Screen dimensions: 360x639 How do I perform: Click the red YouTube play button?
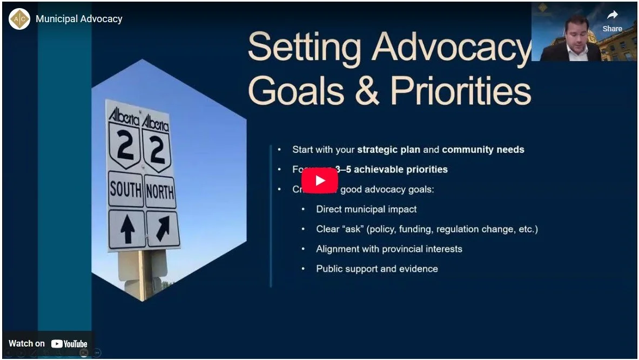[319, 181]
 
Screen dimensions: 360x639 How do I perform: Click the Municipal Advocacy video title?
[79, 19]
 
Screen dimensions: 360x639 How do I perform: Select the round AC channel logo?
[19, 19]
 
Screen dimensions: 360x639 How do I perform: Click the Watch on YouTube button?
[48, 344]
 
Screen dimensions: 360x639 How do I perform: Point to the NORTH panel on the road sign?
[160, 191]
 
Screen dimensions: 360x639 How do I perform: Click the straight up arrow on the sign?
[127, 229]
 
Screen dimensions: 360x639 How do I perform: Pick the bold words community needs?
[483, 150]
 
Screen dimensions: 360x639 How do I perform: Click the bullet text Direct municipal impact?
[366, 209]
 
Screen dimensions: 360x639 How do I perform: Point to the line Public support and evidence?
[377, 269]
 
